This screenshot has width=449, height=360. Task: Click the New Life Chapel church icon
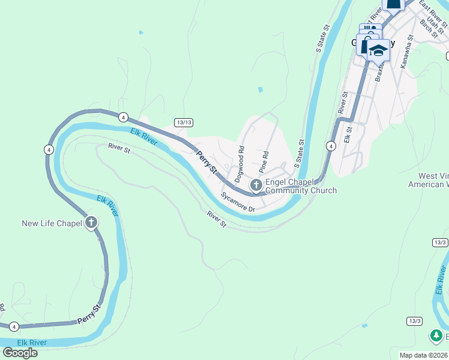(91, 223)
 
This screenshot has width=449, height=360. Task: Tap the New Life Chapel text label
(52, 223)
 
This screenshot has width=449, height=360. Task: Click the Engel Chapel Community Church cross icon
(256, 185)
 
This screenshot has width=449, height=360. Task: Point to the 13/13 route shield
(184, 122)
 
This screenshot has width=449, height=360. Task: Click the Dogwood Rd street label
(240, 164)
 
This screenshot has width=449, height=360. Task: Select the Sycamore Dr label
(238, 202)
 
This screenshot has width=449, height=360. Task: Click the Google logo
(20, 353)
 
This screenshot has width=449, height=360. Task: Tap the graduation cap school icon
(379, 50)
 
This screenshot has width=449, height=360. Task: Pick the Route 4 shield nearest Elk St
(331, 146)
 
